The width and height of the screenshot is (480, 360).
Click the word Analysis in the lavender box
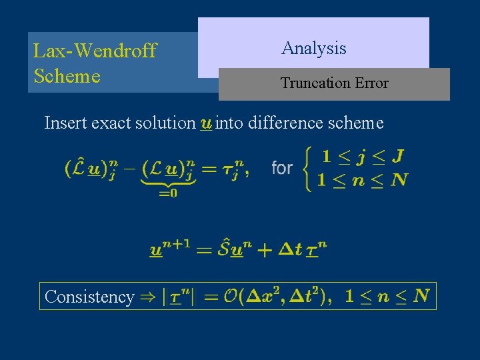pos(313,48)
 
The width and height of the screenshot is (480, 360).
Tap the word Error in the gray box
pos(371,83)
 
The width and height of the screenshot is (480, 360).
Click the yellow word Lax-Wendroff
pos(95,51)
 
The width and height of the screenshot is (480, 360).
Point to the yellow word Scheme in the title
pos(67,76)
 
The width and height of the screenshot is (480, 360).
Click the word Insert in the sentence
pos(62,123)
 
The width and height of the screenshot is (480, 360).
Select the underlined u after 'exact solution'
pos(206,123)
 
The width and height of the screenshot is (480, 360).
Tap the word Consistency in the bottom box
pos(89,297)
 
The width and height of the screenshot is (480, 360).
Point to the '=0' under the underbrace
pos(168,193)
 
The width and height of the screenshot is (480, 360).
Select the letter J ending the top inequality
pos(397,157)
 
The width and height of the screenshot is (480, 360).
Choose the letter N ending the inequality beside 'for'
pos(401,179)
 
